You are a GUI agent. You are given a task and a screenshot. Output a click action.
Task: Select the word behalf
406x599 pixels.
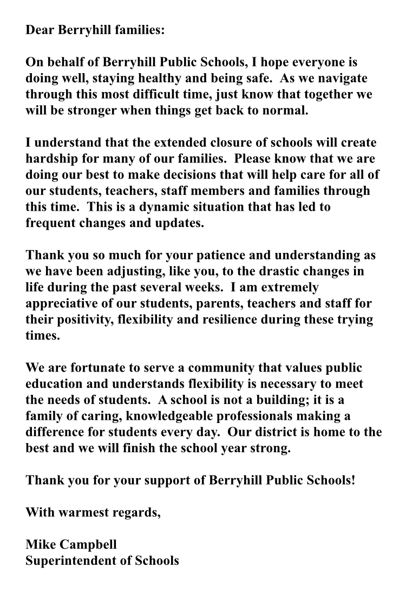[x=68, y=63]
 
